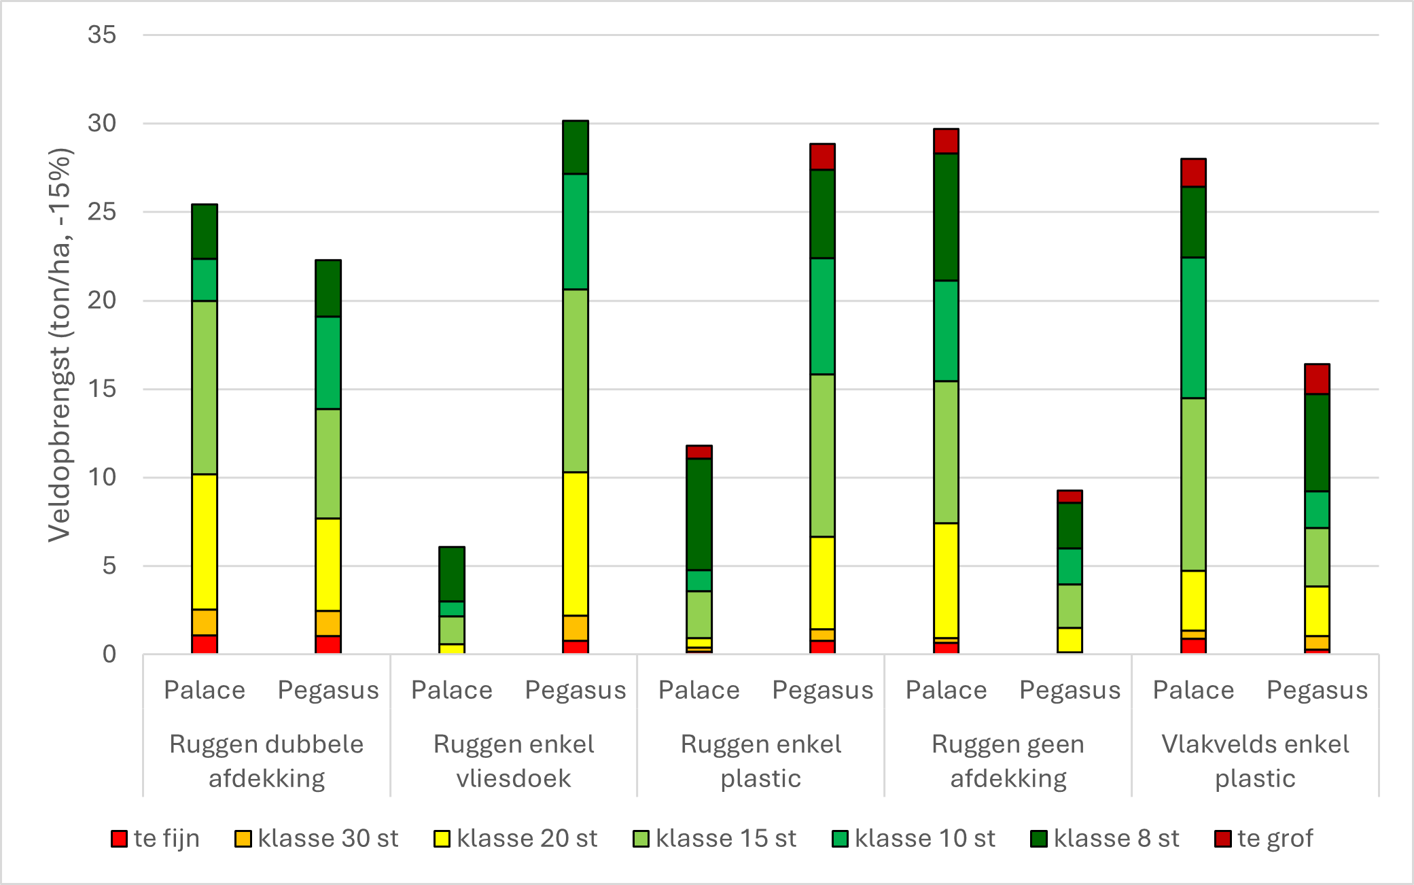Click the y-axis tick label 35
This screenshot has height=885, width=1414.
(102, 35)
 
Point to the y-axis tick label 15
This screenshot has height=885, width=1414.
(102, 389)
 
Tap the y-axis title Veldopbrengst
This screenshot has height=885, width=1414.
(60, 345)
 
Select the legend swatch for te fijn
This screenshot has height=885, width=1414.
(119, 839)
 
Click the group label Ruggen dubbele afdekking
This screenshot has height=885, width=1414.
(266, 761)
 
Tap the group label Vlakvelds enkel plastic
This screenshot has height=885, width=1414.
(1255, 761)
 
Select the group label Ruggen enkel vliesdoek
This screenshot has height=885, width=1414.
(514, 761)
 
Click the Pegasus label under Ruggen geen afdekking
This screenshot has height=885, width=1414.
(1070, 691)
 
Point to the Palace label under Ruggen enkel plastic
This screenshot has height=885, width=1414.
(699, 691)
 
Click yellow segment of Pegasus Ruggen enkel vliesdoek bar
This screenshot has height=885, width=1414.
(576, 544)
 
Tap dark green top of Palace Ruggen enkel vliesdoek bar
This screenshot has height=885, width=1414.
(452, 574)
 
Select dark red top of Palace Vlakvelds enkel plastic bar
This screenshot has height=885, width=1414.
(1193, 173)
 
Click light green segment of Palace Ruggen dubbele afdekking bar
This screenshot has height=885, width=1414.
(205, 387)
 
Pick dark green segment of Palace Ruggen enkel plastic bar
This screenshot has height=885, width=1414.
(699, 515)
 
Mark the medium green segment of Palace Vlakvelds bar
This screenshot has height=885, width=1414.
(1193, 328)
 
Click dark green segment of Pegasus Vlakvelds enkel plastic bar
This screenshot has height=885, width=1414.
(1317, 442)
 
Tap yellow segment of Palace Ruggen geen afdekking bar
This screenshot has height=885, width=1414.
(946, 580)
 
